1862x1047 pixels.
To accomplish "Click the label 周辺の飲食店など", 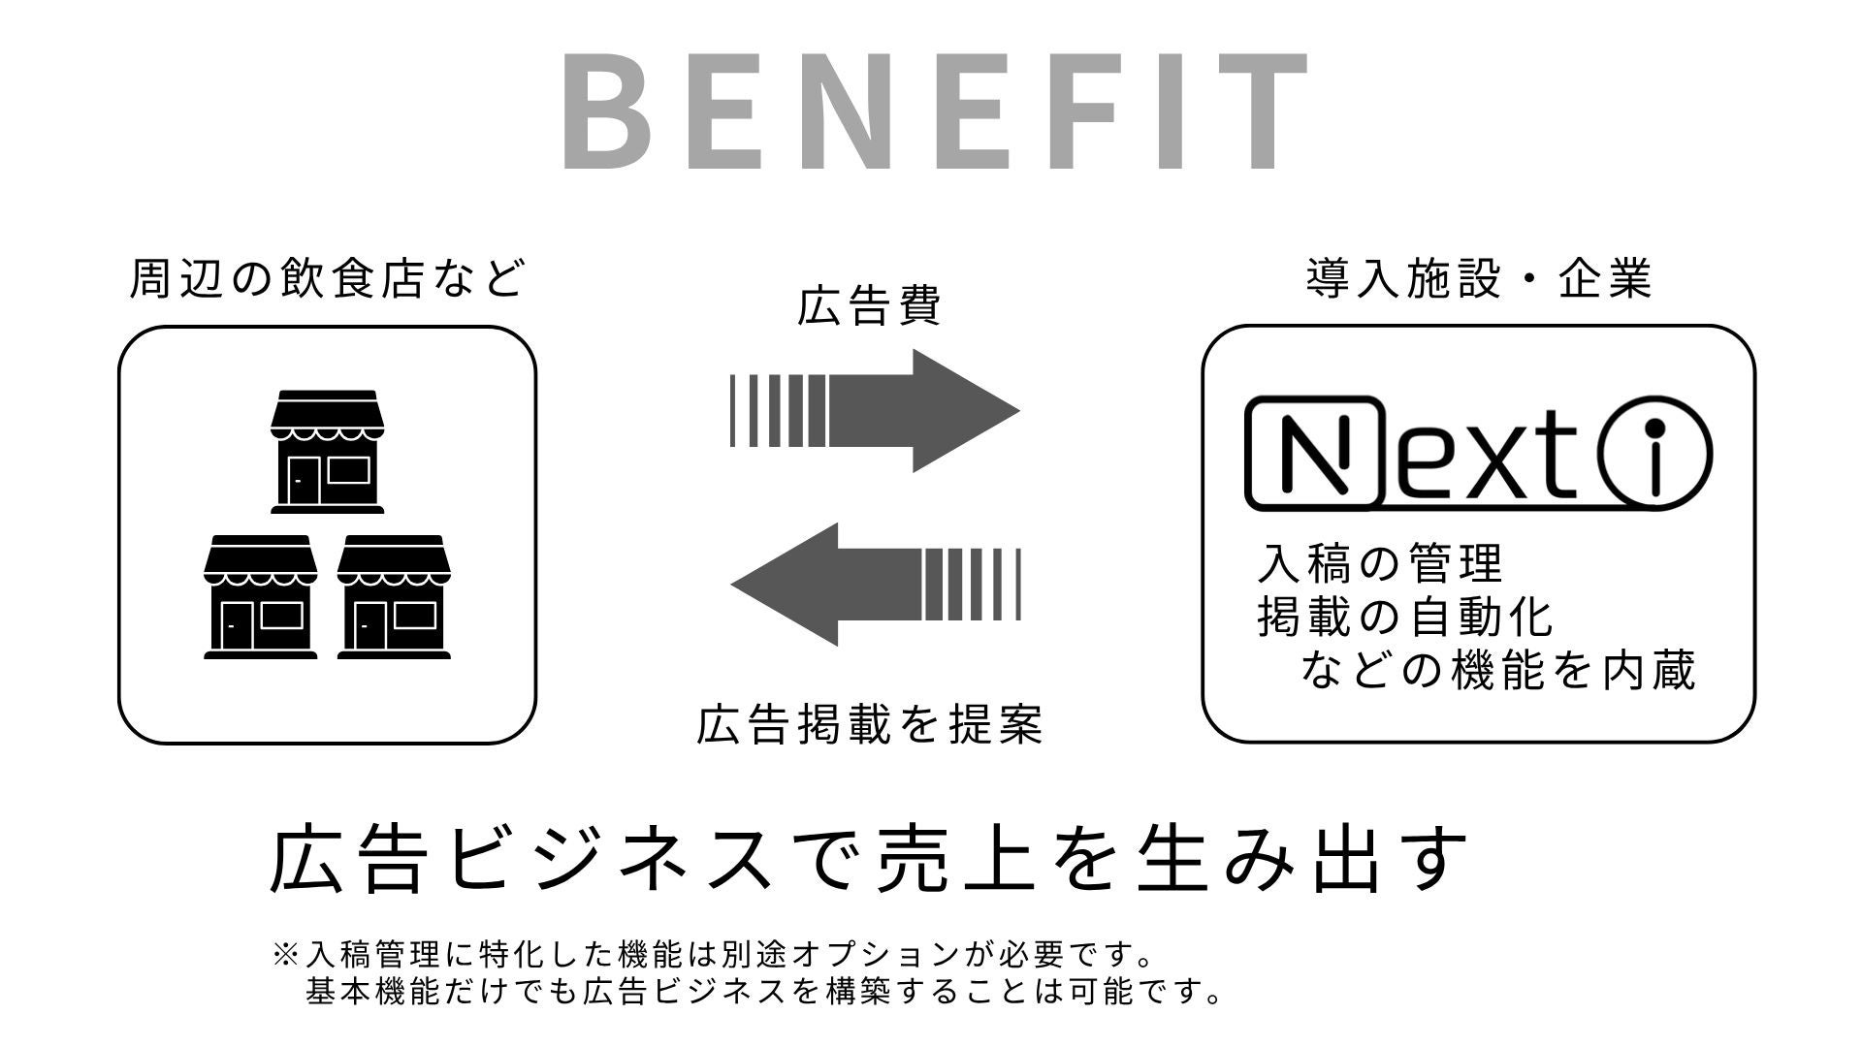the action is pos(327,279).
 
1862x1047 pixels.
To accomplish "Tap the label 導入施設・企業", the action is pos(1478,279).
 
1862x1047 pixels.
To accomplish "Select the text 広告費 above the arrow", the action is pos(869,306).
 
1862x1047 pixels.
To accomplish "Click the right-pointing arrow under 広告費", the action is pos(875,411).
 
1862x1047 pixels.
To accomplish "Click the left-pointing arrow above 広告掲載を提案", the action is pos(875,585).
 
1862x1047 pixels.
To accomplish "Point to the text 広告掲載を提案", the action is pos(869,724).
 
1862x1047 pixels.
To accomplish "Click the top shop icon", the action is pos(328,451).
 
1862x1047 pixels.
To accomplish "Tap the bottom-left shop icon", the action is pos(260,596).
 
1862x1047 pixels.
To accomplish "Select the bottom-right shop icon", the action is pos(394,596).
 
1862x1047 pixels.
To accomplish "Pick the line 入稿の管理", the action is pos(1379,562).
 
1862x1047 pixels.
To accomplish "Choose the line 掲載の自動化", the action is pos(1404,617).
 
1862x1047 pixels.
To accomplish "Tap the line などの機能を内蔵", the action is pos(1497,671).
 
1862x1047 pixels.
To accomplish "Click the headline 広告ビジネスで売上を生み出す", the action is pos(869,859).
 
